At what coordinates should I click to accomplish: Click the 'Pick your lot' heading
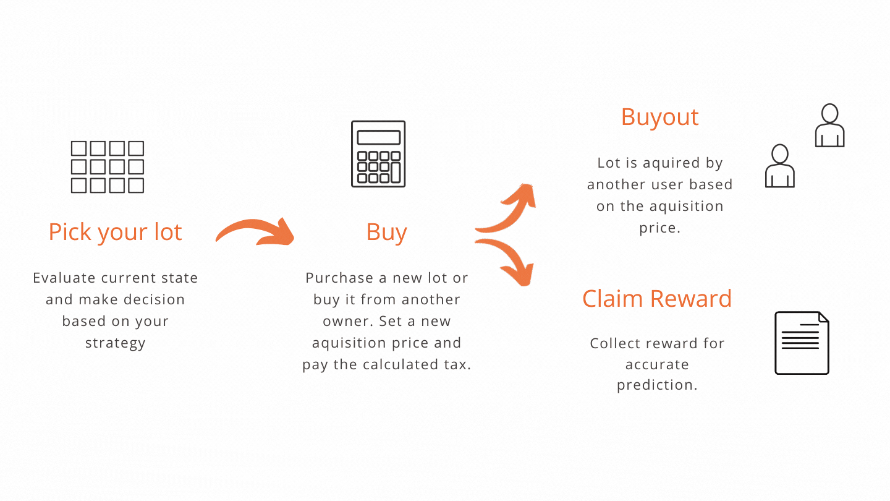[x=115, y=232]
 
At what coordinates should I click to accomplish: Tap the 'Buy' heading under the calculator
[x=387, y=232]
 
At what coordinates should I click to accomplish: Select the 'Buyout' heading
[x=659, y=117]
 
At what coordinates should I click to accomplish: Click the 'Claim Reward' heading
[x=657, y=299]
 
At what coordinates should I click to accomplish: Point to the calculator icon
[x=378, y=154]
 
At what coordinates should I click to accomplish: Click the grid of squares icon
[x=108, y=167]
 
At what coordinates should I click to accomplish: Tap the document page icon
[x=802, y=343]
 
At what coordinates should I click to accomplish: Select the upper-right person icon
[x=829, y=126]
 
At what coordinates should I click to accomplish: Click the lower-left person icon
[x=779, y=166]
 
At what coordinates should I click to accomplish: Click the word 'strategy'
[x=115, y=343]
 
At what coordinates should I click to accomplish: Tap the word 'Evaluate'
[x=64, y=278]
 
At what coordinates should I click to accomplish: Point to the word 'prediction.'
[x=657, y=385]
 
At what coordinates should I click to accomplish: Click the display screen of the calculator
[x=379, y=137]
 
